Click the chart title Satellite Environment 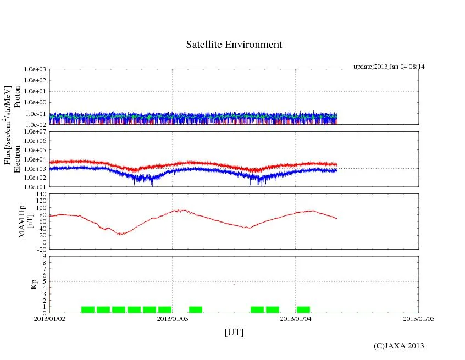tap(234, 45)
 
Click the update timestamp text tap(389, 67)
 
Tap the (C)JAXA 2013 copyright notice tap(398, 346)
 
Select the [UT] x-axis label tap(234, 332)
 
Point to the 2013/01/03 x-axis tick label tap(173, 318)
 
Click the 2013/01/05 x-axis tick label tap(419, 318)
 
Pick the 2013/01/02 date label tap(49, 318)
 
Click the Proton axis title tap(17, 97)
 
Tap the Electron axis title tap(17, 159)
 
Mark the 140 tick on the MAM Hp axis tap(40, 194)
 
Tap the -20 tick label tap(40, 249)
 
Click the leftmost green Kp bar tap(88, 309)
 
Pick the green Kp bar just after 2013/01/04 tap(303, 309)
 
